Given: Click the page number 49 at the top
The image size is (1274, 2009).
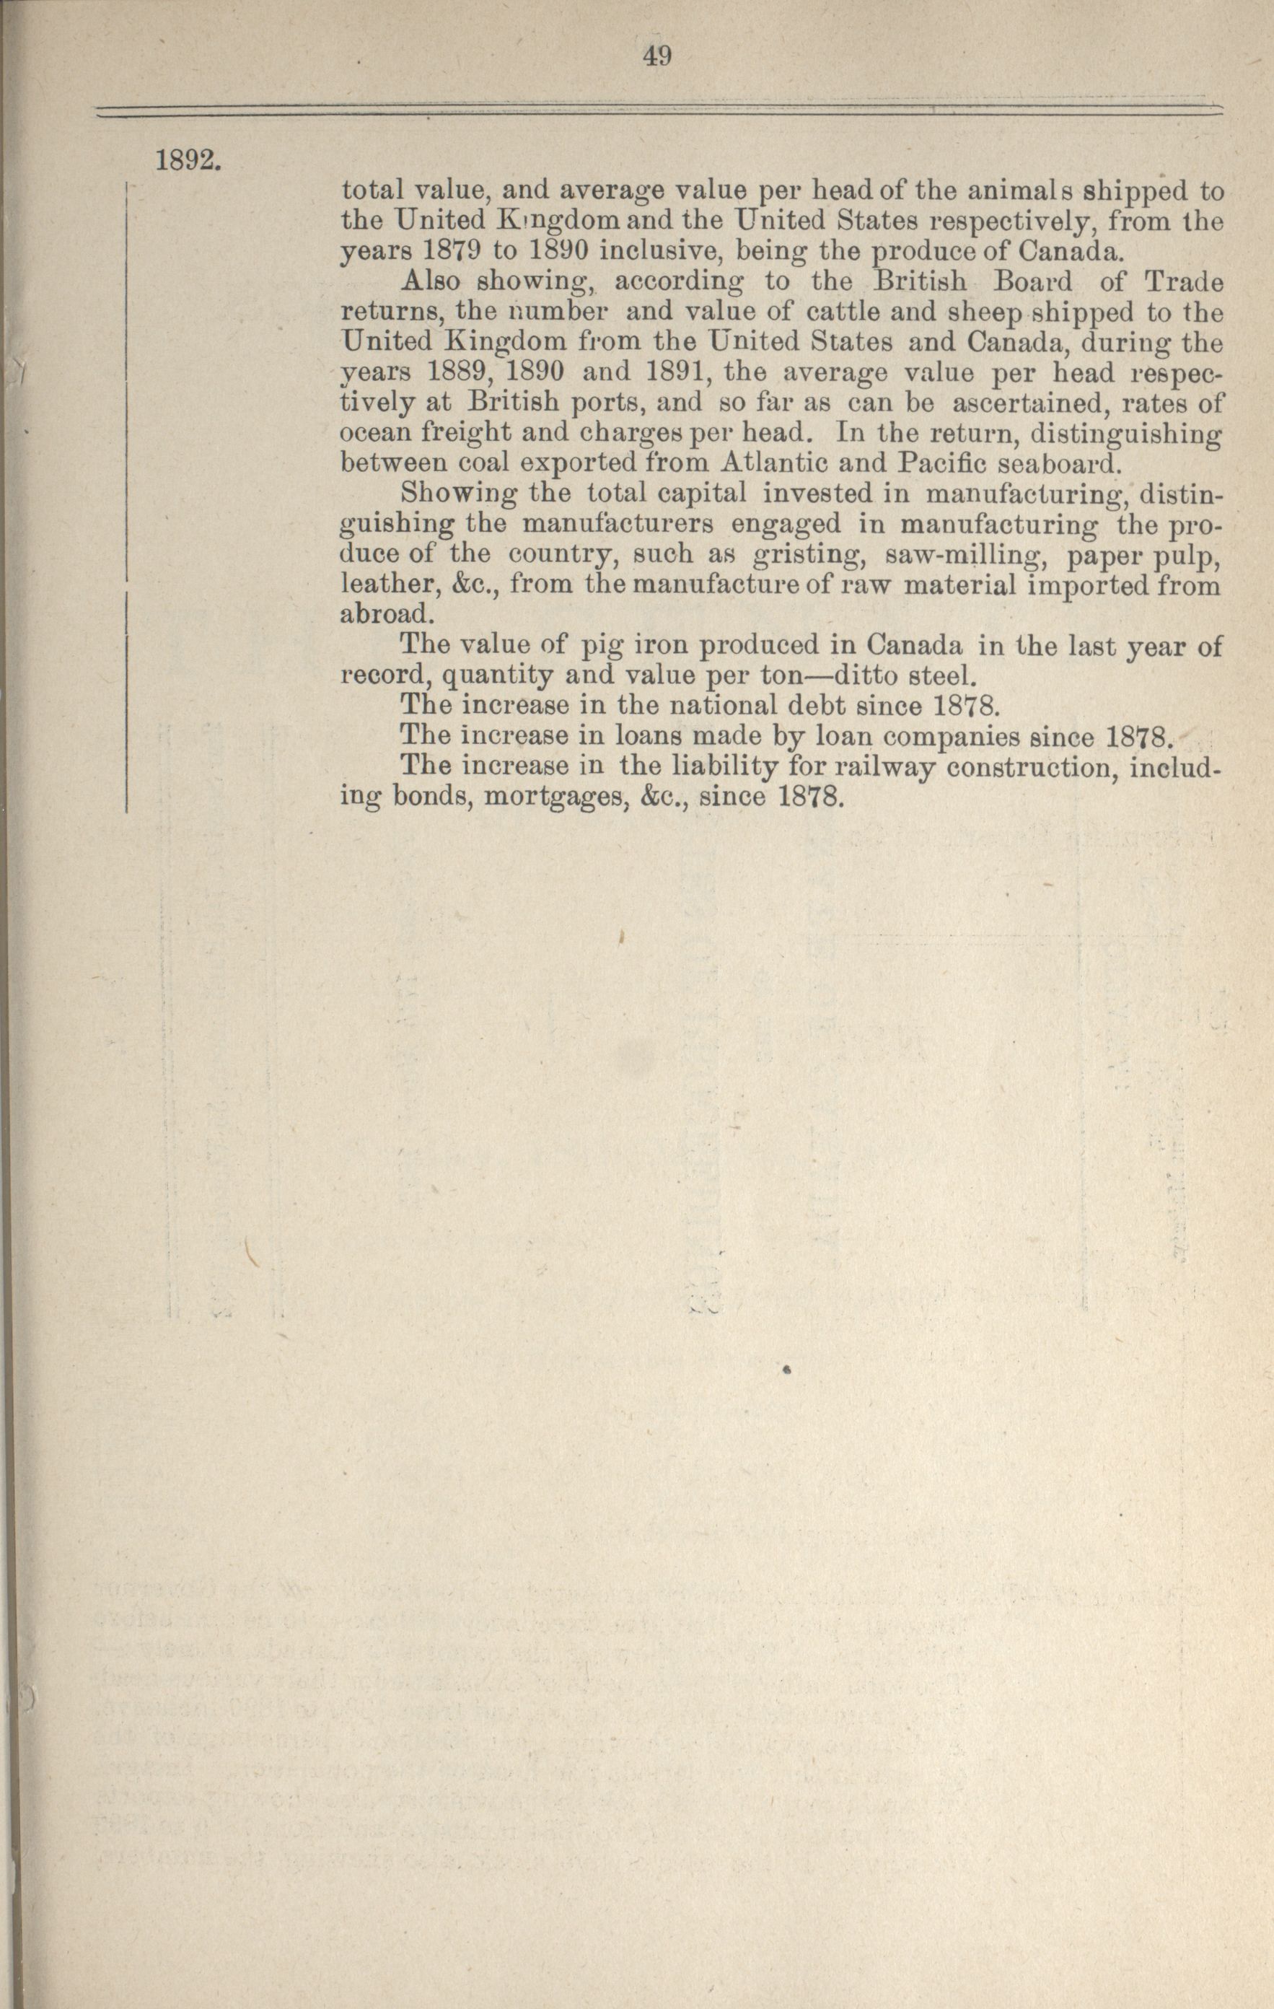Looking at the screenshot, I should coord(657,57).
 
